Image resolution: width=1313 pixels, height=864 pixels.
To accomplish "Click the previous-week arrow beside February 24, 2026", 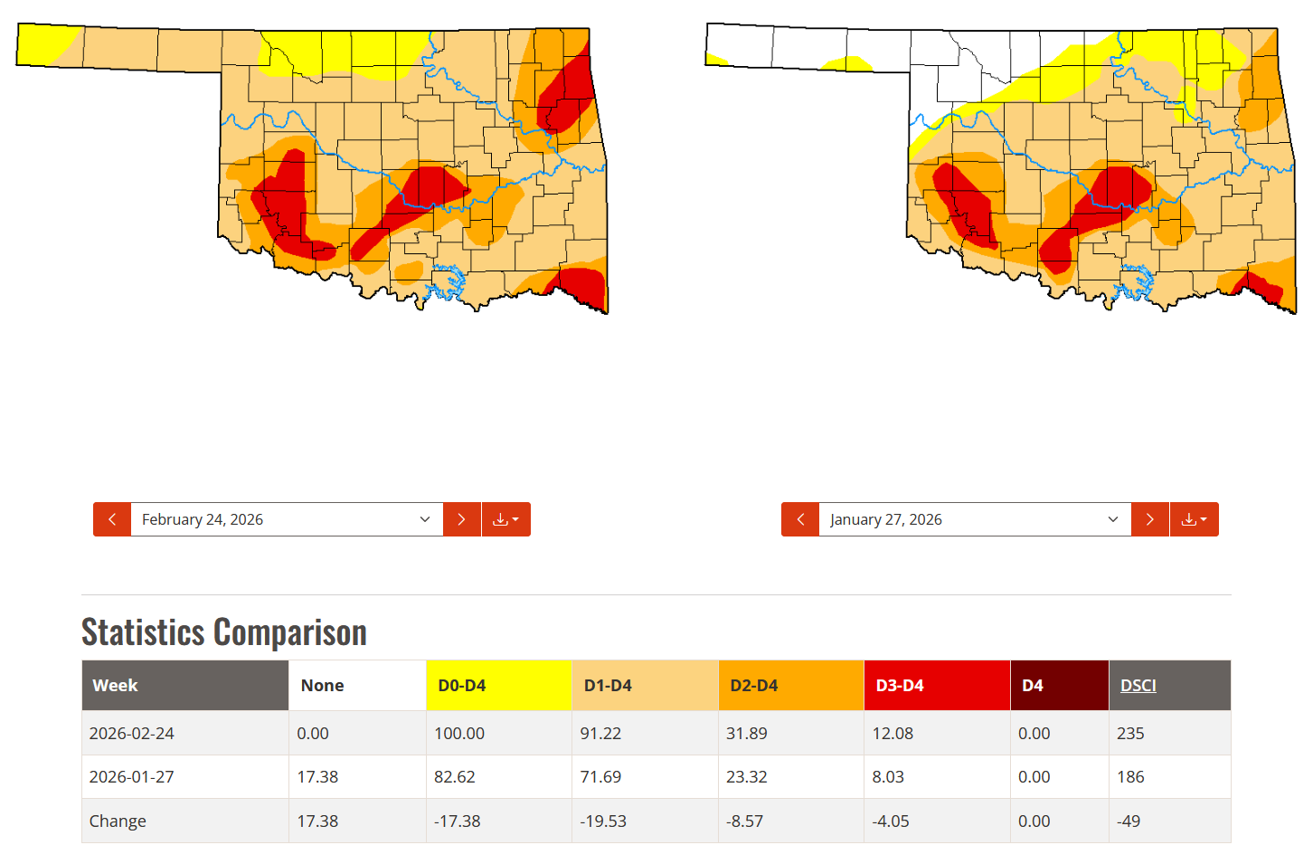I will click(112, 519).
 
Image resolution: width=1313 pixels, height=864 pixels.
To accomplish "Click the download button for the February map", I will click(505, 519).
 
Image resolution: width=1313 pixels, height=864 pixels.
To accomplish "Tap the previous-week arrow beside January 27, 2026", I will click(800, 519).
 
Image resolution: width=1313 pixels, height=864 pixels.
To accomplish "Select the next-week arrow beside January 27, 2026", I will click(1149, 519).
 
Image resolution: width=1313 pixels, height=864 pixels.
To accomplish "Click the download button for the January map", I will click(1194, 519).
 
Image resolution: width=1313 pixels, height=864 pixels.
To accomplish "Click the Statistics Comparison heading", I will click(224, 632).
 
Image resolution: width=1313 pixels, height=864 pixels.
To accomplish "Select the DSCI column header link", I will click(1138, 686).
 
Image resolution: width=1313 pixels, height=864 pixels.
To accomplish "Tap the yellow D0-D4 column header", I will click(462, 686).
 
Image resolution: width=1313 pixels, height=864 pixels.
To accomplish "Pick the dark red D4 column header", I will click(1033, 686).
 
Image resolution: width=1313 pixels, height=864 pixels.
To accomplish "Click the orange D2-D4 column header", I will click(754, 686).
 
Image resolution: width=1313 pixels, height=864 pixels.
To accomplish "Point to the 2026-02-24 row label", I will click(132, 734).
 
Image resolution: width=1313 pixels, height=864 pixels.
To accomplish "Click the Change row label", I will click(118, 821).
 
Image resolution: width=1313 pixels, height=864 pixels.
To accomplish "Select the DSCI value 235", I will click(1130, 734).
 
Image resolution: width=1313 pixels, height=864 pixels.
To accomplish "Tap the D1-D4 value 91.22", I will click(600, 734).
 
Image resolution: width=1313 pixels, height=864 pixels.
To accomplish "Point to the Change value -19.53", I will click(603, 821).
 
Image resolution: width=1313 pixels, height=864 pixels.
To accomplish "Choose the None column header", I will click(322, 686).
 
